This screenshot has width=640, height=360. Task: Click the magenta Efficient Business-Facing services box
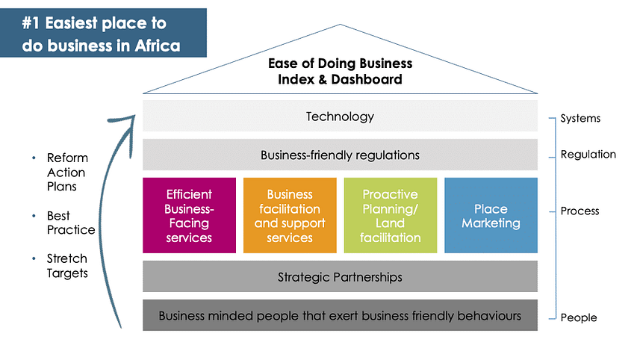point(189,215)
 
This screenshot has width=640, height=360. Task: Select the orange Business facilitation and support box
point(290,215)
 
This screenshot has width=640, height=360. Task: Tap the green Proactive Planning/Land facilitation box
point(390,215)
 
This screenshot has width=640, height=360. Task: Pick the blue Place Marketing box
point(491,215)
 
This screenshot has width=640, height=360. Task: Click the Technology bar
point(340,117)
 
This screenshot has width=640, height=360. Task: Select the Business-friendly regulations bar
point(340,155)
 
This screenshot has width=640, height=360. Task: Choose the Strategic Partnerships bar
point(340,277)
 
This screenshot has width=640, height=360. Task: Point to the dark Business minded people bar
point(340,315)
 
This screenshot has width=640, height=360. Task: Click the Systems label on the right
point(580,118)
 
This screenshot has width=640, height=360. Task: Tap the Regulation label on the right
point(588,155)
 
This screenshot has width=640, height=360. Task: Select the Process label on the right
point(580,211)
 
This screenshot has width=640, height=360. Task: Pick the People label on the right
point(579,317)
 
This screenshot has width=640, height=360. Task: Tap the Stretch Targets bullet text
point(67,266)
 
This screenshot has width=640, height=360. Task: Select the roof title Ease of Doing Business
point(340,63)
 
